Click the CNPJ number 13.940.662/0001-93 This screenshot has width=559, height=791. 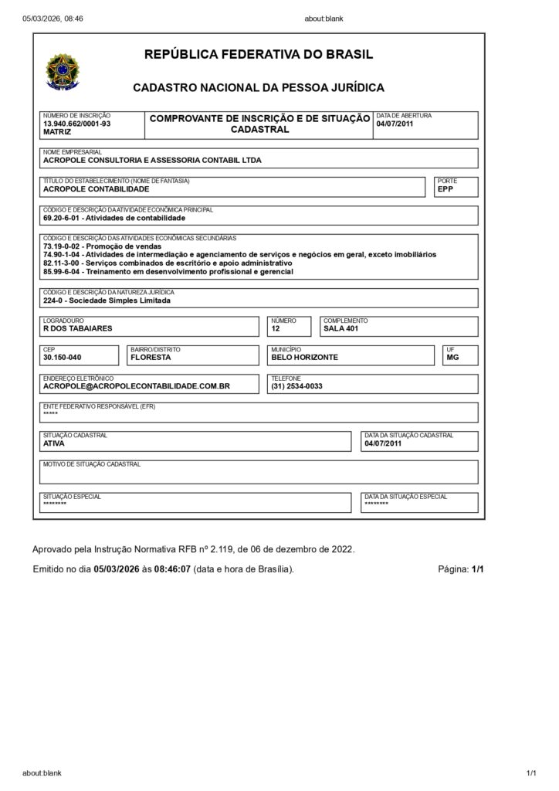coord(76,124)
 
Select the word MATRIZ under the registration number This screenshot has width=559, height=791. coord(57,132)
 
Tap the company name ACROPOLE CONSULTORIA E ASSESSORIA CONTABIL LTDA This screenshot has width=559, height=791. coord(152,161)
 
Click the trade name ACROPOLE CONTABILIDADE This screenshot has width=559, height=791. coord(96,188)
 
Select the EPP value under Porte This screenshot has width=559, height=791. coord(445,188)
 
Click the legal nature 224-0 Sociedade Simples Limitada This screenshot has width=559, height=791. coord(107,300)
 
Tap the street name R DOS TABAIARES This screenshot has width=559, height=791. coord(77,328)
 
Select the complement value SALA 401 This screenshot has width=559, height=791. coord(340,328)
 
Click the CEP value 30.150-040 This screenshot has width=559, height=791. coord(62,358)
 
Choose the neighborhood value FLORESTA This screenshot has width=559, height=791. coord(151,358)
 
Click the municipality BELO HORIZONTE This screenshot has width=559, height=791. coord(304,358)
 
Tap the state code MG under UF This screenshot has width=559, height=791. coord(452,358)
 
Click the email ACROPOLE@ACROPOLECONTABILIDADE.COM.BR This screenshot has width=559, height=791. coord(137,386)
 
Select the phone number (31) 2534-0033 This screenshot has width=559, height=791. coord(296,386)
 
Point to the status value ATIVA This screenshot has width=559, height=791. coord(54,443)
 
